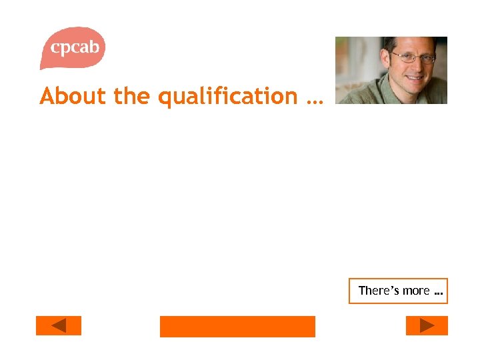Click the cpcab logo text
coord(75,47)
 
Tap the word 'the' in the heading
coord(133,96)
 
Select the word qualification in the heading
coord(227,97)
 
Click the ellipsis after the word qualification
coord(313,101)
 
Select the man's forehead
coord(407,47)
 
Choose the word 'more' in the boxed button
coord(416,291)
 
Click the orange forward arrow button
coord(427,325)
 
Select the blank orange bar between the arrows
coord(237,326)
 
